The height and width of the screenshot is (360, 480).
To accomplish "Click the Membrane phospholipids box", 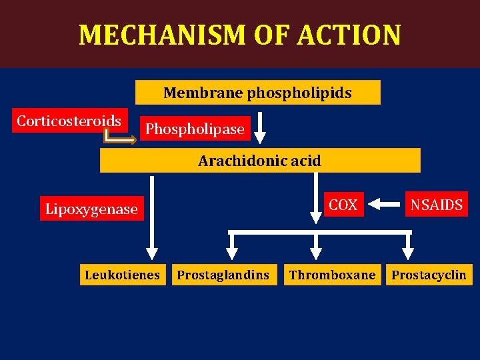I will click(257, 93).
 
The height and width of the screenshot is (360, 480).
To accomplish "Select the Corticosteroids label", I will click(69, 121).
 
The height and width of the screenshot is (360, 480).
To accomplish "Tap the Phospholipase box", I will click(195, 129).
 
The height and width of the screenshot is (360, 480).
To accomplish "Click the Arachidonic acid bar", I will click(260, 161).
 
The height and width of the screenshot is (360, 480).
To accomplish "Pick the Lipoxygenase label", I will click(91, 209).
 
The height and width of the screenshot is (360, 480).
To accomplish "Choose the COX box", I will click(343, 205).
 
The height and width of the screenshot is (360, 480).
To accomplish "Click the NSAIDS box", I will click(437, 205).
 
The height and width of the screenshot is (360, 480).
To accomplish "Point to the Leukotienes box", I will click(123, 275).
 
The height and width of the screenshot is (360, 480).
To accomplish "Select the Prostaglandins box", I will click(223, 275).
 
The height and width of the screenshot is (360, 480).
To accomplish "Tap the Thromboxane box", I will click(332, 275).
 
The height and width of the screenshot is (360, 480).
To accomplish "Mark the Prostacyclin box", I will click(429, 275).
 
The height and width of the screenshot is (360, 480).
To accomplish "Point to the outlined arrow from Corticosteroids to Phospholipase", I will click(120, 138).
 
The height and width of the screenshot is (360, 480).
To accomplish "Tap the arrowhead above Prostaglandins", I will click(231, 253).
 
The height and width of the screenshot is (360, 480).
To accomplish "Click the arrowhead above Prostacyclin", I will click(407, 253).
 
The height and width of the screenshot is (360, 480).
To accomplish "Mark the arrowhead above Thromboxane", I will click(317, 253).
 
